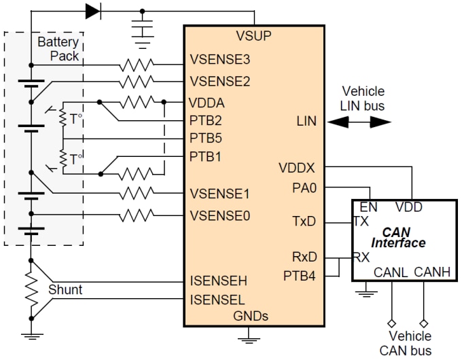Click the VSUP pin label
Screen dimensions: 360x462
[253, 36]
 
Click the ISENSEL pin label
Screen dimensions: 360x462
[217, 299]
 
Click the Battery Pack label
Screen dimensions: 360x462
[58, 49]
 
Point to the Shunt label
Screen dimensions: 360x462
[65, 290]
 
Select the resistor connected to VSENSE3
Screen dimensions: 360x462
[138, 65]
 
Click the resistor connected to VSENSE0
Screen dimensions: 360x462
[138, 217]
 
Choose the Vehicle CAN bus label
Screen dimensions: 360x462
[410, 343]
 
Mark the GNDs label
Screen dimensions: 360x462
[251, 315]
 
